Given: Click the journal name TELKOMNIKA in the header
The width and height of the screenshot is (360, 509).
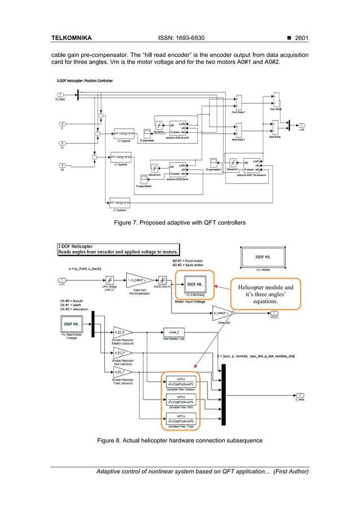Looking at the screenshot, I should (71, 38).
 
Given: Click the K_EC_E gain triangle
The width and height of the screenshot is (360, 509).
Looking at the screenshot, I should (122, 331).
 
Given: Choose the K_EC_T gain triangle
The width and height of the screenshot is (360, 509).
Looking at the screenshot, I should (122, 372).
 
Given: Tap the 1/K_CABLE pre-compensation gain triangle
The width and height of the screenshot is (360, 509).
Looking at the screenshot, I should (138, 280).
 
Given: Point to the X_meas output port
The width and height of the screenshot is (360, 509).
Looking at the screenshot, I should (301, 395).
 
